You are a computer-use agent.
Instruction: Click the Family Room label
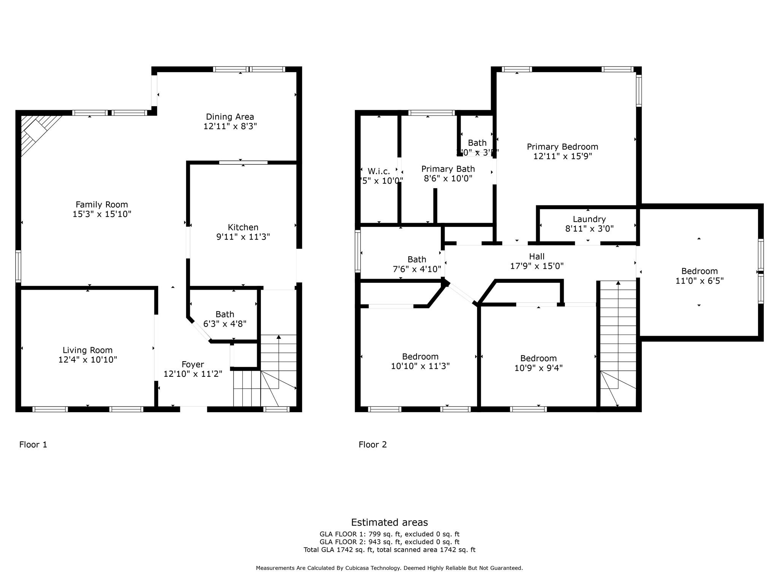click(x=102, y=205)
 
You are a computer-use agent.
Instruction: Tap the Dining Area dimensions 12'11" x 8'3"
click(x=230, y=126)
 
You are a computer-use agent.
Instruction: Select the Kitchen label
click(x=243, y=227)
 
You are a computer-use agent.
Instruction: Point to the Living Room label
click(x=87, y=350)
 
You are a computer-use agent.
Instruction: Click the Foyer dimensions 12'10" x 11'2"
click(x=193, y=374)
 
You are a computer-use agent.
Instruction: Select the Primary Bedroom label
click(x=562, y=147)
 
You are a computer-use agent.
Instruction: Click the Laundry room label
click(x=589, y=219)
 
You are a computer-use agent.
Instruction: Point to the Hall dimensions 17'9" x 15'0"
click(x=536, y=266)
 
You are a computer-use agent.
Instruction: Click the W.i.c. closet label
click(x=379, y=171)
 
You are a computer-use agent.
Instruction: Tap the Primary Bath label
click(x=448, y=169)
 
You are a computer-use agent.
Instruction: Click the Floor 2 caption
click(x=372, y=444)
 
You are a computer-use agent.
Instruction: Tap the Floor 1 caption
click(x=33, y=444)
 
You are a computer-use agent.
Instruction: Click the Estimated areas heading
click(x=389, y=522)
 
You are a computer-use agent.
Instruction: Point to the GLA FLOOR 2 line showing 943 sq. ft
click(x=389, y=542)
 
